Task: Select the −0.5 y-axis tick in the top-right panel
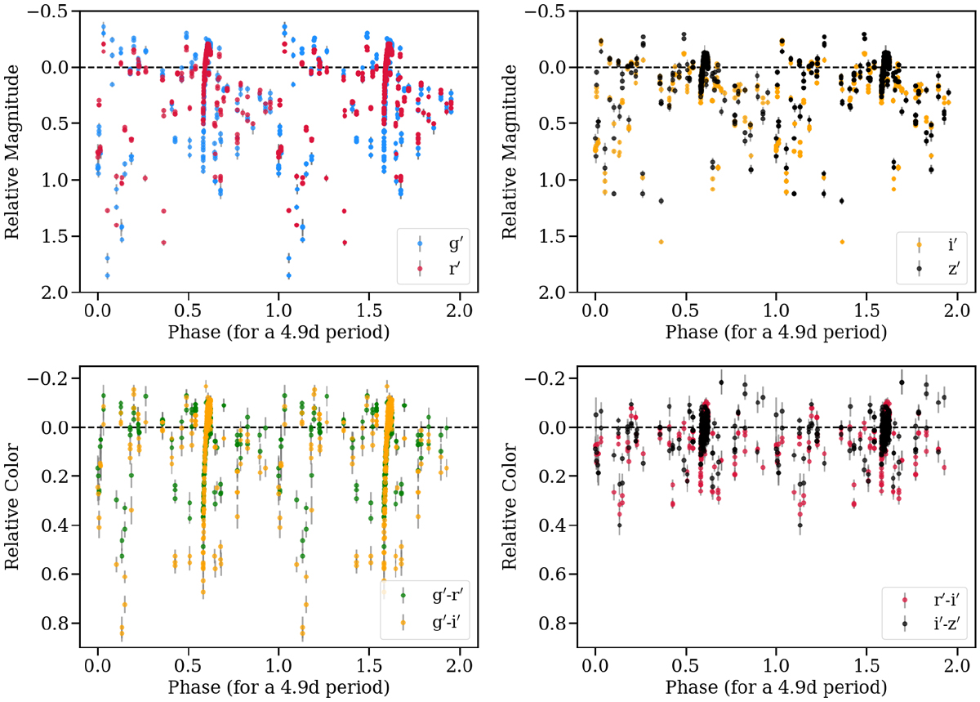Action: (x=546, y=11)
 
